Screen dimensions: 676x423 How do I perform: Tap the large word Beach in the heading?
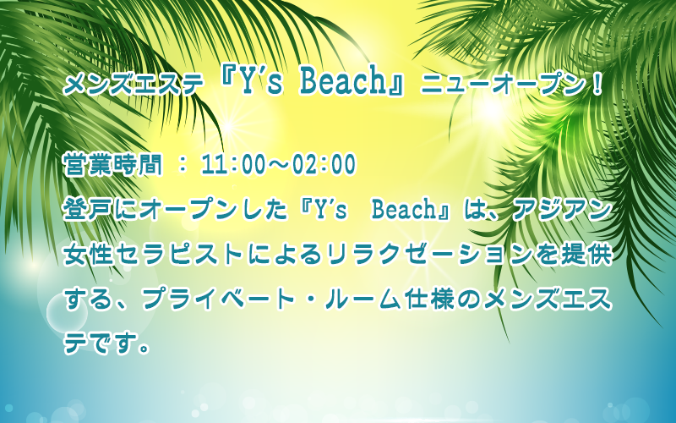click(343, 81)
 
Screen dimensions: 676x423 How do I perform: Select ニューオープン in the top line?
click(502, 84)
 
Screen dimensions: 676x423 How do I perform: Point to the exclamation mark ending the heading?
click(597, 84)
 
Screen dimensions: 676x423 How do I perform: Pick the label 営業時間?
click(113, 164)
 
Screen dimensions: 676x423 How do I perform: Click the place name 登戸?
click(89, 210)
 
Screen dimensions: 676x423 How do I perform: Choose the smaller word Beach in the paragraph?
click(405, 210)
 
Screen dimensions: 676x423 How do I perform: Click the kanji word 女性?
click(89, 255)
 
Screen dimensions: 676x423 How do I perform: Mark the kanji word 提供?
click(586, 255)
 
